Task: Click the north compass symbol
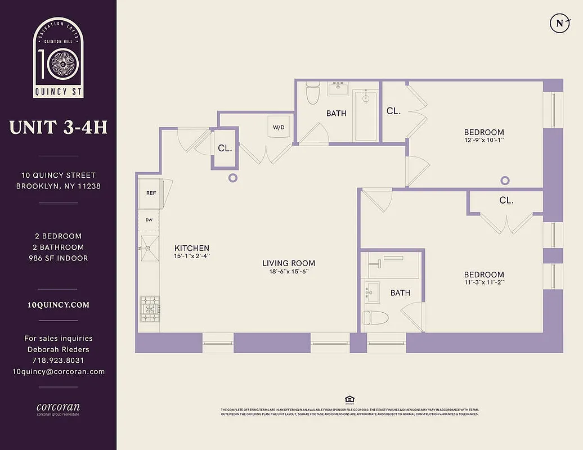559,23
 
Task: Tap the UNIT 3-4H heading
58,127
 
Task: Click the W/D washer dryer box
279,127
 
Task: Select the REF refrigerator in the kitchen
150,193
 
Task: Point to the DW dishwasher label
150,220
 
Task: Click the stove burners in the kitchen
150,309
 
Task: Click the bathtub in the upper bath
366,115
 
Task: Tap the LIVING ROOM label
289,263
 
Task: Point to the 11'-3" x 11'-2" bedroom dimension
484,282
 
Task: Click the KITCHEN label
192,248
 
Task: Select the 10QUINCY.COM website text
58,305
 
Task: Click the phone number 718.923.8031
58,360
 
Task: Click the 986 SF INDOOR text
58,258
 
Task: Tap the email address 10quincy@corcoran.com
58,371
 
